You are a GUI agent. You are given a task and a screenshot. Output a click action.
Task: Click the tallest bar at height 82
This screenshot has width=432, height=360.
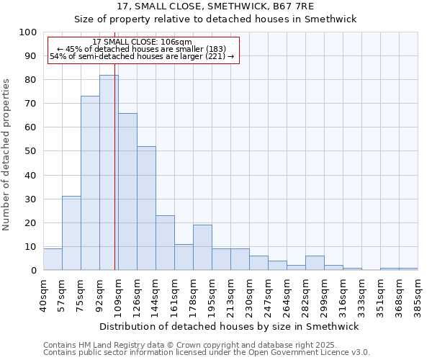pyautogui.click(x=109, y=173)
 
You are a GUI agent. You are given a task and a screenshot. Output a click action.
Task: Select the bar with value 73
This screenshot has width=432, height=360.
pyautogui.click(x=90, y=183)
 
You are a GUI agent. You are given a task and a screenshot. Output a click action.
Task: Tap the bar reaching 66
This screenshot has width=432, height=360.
pyautogui.click(x=127, y=192)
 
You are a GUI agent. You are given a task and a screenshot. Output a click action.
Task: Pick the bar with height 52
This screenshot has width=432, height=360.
pyautogui.click(x=146, y=208)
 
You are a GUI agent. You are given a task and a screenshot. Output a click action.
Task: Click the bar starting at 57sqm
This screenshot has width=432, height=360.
pyautogui.click(x=71, y=233)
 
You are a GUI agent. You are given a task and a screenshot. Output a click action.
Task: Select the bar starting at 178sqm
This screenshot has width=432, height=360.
pyautogui.click(x=202, y=248)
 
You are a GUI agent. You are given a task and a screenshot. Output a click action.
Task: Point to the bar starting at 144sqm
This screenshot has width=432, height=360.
pyautogui.click(x=165, y=243)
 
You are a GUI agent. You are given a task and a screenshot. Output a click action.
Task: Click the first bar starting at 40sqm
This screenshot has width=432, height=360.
pyautogui.click(x=53, y=259)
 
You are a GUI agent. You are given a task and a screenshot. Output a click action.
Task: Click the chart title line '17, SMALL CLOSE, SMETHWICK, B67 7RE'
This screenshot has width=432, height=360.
pyautogui.click(x=216, y=6)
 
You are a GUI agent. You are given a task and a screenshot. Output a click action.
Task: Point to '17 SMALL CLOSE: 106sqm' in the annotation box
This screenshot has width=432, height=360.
pyautogui.click(x=142, y=42)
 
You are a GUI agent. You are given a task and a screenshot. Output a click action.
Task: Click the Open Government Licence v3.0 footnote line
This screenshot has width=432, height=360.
pyautogui.click(x=207, y=352)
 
